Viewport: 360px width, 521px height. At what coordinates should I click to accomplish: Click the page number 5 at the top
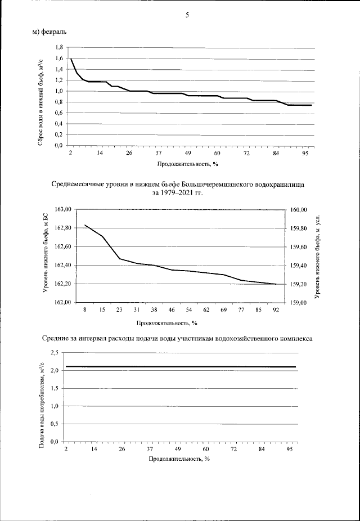click(x=187, y=15)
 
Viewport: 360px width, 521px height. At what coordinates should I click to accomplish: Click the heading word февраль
click(x=55, y=32)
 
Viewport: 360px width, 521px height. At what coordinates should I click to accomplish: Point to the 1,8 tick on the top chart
click(x=58, y=48)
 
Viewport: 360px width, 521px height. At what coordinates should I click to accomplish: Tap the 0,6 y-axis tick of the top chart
click(x=58, y=113)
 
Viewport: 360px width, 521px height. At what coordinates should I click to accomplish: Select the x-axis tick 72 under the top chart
click(x=246, y=153)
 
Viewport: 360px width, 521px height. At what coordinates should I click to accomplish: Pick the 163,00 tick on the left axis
click(x=62, y=209)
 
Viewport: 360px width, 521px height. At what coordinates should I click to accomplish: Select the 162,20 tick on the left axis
click(x=62, y=284)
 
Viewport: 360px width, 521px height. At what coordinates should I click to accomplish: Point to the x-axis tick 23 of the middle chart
click(x=120, y=310)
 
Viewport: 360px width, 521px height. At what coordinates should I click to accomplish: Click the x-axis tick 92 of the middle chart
click(x=275, y=310)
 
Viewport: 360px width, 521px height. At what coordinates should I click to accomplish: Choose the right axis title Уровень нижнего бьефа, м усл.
click(x=318, y=256)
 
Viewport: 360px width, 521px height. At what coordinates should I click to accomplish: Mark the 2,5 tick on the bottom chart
click(x=55, y=353)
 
